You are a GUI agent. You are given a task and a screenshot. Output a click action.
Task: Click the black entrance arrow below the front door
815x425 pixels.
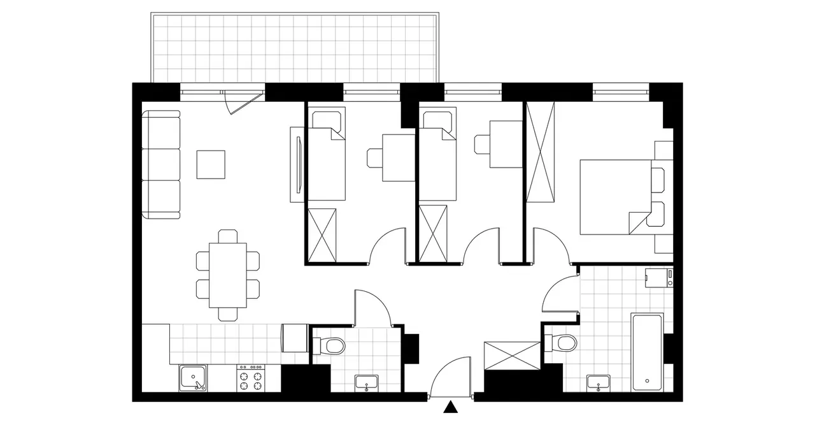451,407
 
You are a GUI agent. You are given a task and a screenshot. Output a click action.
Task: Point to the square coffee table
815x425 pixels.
211,164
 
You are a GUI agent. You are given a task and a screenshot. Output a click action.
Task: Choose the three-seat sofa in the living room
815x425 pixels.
160,164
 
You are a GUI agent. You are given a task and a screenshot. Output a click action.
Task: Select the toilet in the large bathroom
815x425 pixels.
562,343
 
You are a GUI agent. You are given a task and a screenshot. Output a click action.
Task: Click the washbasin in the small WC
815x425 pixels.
367,383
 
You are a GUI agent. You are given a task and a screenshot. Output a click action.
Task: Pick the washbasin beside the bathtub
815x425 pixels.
597,382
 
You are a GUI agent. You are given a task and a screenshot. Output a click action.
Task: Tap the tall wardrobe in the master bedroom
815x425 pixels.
541,153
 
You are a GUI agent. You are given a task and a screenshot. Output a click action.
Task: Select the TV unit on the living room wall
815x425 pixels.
297,164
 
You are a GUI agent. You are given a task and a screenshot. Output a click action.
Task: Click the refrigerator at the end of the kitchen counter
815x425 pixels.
295,337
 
